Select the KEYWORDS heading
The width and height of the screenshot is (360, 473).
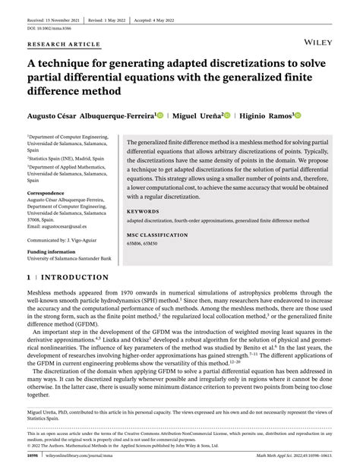click(143, 212)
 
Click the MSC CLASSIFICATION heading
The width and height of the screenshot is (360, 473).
click(157, 236)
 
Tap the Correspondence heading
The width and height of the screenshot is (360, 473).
click(46, 193)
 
